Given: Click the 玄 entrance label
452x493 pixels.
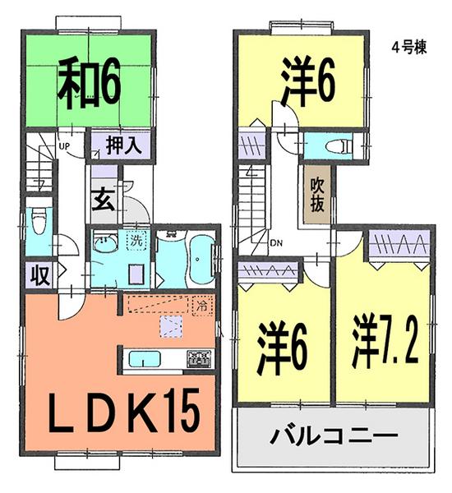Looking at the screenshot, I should pos(103,200).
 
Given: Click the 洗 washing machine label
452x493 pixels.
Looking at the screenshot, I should pos(136,243).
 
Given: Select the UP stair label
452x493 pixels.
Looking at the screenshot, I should pos(62,148).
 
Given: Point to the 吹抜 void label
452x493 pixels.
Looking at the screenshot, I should pos(317,197).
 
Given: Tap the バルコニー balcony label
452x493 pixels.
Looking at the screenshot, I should pos(334,435).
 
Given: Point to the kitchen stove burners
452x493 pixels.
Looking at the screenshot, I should pos(199,358).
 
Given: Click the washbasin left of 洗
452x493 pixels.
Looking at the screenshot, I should pos(104,243).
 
